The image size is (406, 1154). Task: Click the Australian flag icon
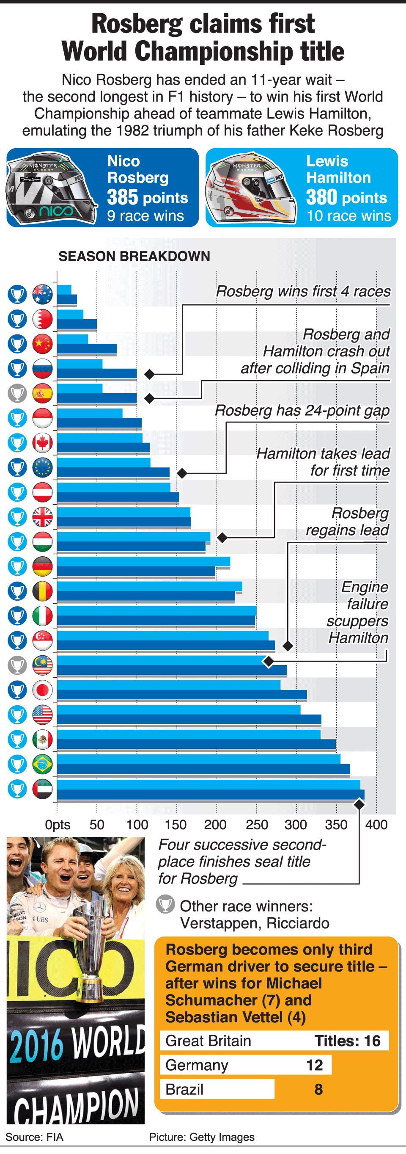43,294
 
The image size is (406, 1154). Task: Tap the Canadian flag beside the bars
43,443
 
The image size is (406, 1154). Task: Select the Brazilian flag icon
43,764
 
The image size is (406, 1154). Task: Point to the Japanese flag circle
43,690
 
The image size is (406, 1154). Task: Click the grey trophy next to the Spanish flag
17,394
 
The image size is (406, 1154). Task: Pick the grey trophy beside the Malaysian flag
17,665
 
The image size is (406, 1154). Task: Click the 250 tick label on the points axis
256,824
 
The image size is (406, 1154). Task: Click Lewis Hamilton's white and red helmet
250,188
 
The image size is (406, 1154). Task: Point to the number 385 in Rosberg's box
122,197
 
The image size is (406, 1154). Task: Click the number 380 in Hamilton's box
321,197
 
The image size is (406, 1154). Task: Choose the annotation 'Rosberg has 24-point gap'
302,410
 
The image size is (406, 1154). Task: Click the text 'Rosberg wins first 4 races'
303,291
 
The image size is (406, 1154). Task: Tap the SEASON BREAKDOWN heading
134,256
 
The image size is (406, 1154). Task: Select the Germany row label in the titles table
197,1065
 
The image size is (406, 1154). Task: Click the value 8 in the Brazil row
318,1089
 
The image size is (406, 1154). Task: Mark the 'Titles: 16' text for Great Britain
347,1041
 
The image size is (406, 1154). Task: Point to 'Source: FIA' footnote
34,1137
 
